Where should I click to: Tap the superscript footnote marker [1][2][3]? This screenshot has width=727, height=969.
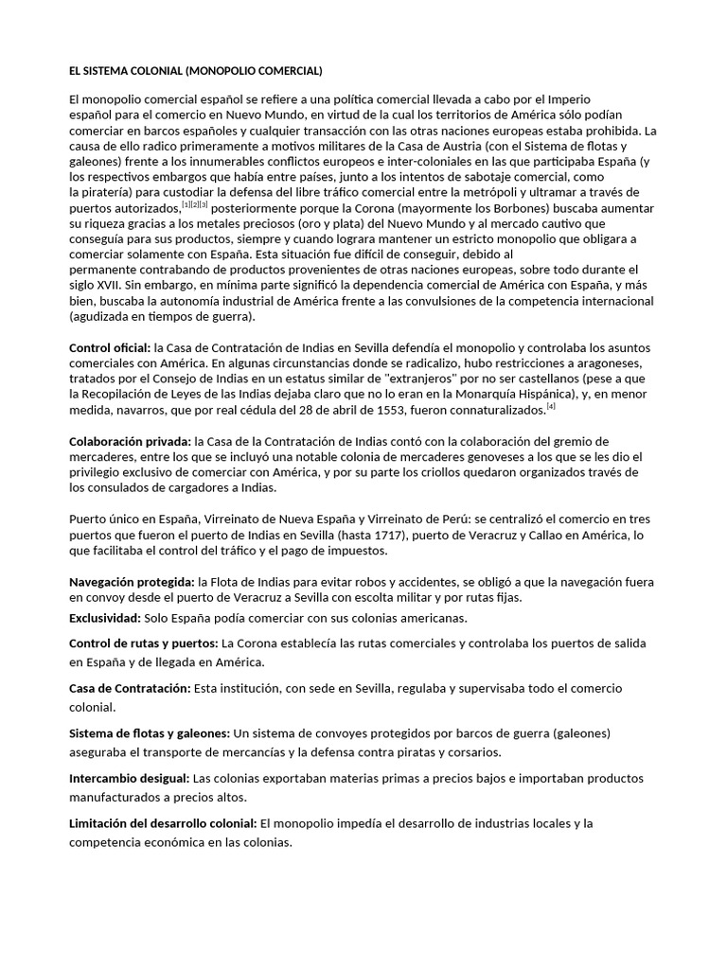coord(195,204)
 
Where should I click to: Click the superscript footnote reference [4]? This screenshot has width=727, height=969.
coord(550,406)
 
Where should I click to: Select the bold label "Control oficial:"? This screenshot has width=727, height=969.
coord(110,348)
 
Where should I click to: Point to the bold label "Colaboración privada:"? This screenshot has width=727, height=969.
coord(130,441)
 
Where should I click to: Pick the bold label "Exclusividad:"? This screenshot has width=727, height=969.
coord(104,618)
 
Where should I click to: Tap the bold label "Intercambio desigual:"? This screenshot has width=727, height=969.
coord(130,778)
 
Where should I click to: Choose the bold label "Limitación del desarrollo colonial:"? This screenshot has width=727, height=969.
coord(163,823)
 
